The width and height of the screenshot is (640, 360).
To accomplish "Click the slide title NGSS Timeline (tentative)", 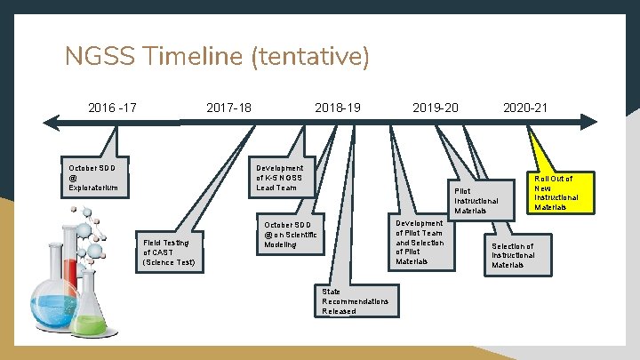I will click(x=217, y=57).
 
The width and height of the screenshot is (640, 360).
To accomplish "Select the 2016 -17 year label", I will click(x=112, y=108).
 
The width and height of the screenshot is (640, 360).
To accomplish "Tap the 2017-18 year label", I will click(x=228, y=108).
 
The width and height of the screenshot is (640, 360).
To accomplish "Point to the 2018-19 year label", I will click(x=338, y=108).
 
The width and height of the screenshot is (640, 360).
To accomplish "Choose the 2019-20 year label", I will click(x=436, y=108).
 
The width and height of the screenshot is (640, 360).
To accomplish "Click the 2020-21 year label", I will click(x=525, y=108).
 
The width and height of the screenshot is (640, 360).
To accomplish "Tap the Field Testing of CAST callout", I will click(x=170, y=252).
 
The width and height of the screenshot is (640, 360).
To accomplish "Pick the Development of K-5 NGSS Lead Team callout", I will click(x=279, y=178).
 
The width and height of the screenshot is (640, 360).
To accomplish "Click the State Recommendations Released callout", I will click(x=355, y=300).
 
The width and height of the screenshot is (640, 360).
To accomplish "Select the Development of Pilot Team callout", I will click(x=420, y=242).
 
